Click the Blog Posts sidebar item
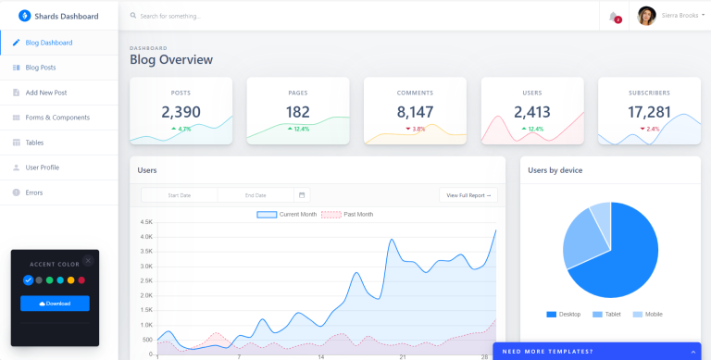(41, 68)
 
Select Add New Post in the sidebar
(46, 93)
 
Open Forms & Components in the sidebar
(57, 118)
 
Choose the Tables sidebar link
(34, 143)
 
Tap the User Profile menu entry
(42, 168)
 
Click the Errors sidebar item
(34, 192)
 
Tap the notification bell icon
(613, 16)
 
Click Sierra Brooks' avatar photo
(646, 16)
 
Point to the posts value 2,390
(181, 112)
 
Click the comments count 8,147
(415, 112)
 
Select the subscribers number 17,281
(649, 112)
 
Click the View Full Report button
(468, 195)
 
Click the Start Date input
(180, 195)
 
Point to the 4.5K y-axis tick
(146, 222)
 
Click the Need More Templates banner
(596, 351)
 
